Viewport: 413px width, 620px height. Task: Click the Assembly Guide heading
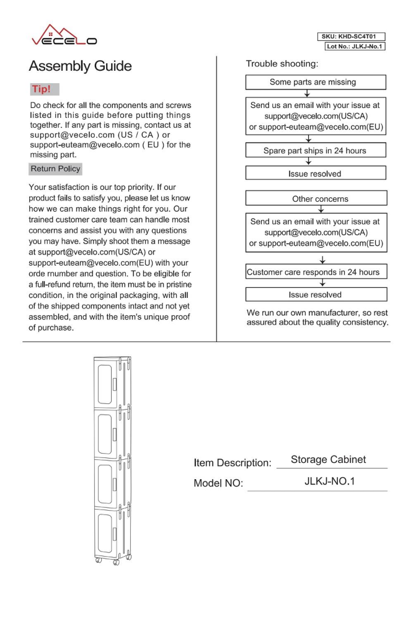point(80,66)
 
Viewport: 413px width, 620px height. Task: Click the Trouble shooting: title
point(283,64)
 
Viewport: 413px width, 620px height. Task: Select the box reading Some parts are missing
point(316,82)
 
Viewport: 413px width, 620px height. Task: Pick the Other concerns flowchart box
point(316,199)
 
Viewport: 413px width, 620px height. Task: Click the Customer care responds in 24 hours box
point(316,272)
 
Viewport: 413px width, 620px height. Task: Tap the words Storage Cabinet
point(329,460)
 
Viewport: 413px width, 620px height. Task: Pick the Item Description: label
point(233,463)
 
